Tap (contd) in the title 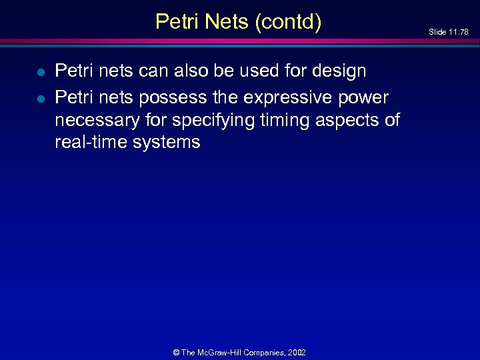(x=287, y=22)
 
